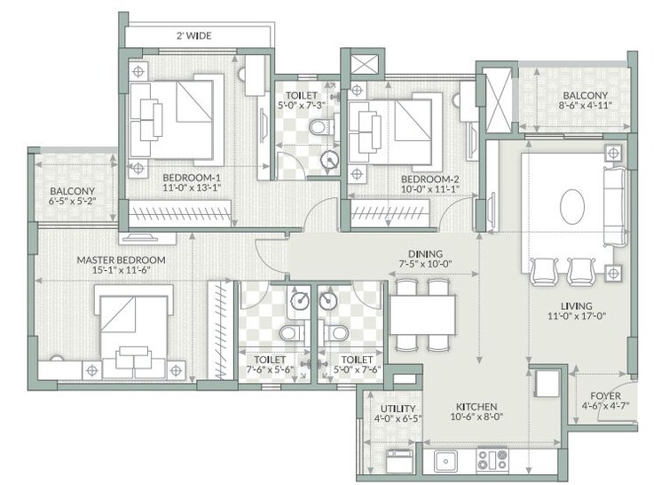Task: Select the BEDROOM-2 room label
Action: click(x=407, y=178)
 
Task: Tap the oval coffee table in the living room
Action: click(x=572, y=207)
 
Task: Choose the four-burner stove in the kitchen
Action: click(x=491, y=460)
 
